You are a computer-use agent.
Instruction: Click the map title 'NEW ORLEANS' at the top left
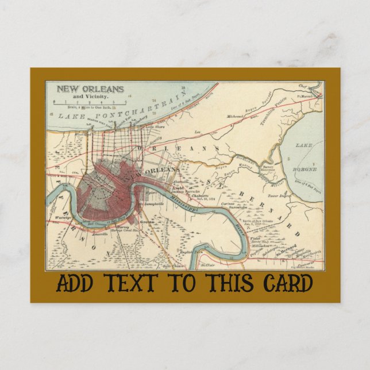(90, 89)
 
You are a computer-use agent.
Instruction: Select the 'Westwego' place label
(63, 218)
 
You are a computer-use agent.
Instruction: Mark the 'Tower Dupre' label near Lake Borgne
(278, 195)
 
